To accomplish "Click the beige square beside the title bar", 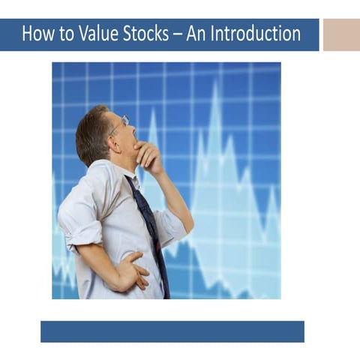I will click(x=341, y=34).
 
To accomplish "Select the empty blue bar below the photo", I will click(x=172, y=331).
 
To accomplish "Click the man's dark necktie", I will click(x=150, y=225).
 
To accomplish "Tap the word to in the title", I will click(x=66, y=34).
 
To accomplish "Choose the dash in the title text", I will click(x=178, y=35).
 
